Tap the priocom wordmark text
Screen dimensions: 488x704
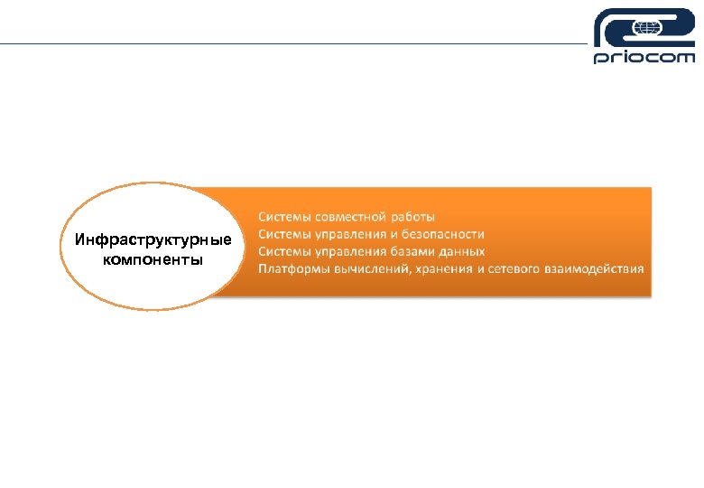644,57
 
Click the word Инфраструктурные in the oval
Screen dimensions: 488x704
153,240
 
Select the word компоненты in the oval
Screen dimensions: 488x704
153,259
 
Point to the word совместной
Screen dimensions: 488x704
347,217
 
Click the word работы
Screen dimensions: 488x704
412,217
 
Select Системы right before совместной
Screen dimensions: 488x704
283,217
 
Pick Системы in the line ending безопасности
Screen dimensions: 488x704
283,234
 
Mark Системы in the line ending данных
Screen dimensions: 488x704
283,251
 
